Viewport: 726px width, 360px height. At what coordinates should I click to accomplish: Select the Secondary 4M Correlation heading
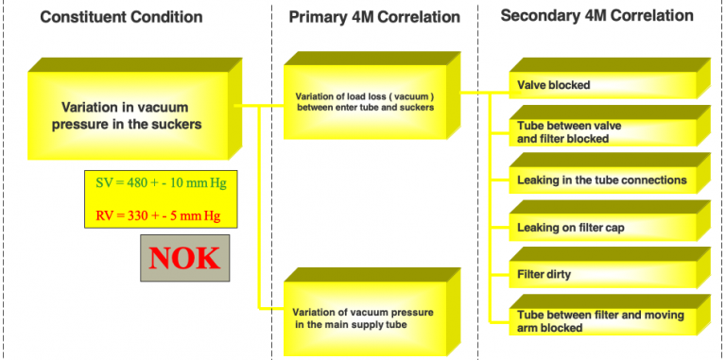pos(596,16)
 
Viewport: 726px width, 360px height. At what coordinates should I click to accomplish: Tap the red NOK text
pos(184,258)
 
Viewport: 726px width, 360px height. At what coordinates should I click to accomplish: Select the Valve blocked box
pos(601,85)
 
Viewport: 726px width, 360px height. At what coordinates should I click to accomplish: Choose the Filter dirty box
pos(601,275)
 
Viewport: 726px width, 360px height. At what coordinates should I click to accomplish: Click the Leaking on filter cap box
pos(601,228)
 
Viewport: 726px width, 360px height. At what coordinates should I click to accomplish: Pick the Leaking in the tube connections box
pos(601,180)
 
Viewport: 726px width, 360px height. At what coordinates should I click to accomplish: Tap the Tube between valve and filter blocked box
pos(601,131)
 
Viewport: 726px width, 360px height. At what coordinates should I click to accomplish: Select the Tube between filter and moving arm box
pos(601,321)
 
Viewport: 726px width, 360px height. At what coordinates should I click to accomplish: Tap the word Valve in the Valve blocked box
pos(533,85)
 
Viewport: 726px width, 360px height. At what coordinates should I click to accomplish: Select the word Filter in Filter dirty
pos(532,275)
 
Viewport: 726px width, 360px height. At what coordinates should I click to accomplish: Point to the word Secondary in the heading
pos(538,16)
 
